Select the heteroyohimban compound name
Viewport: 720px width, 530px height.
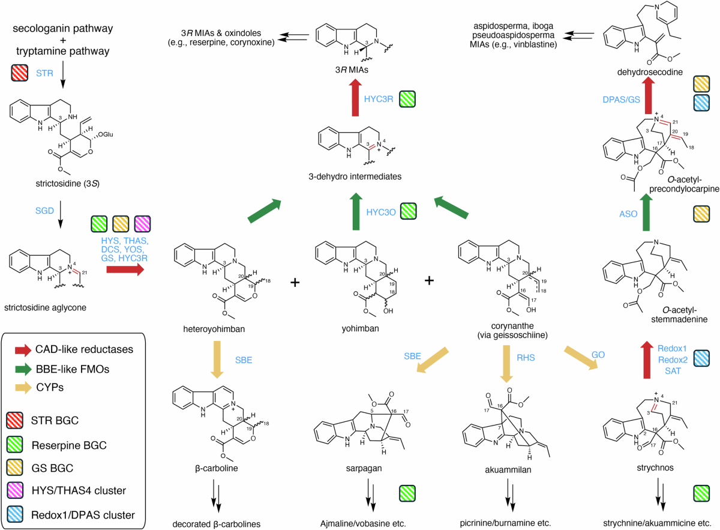coord(214,329)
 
